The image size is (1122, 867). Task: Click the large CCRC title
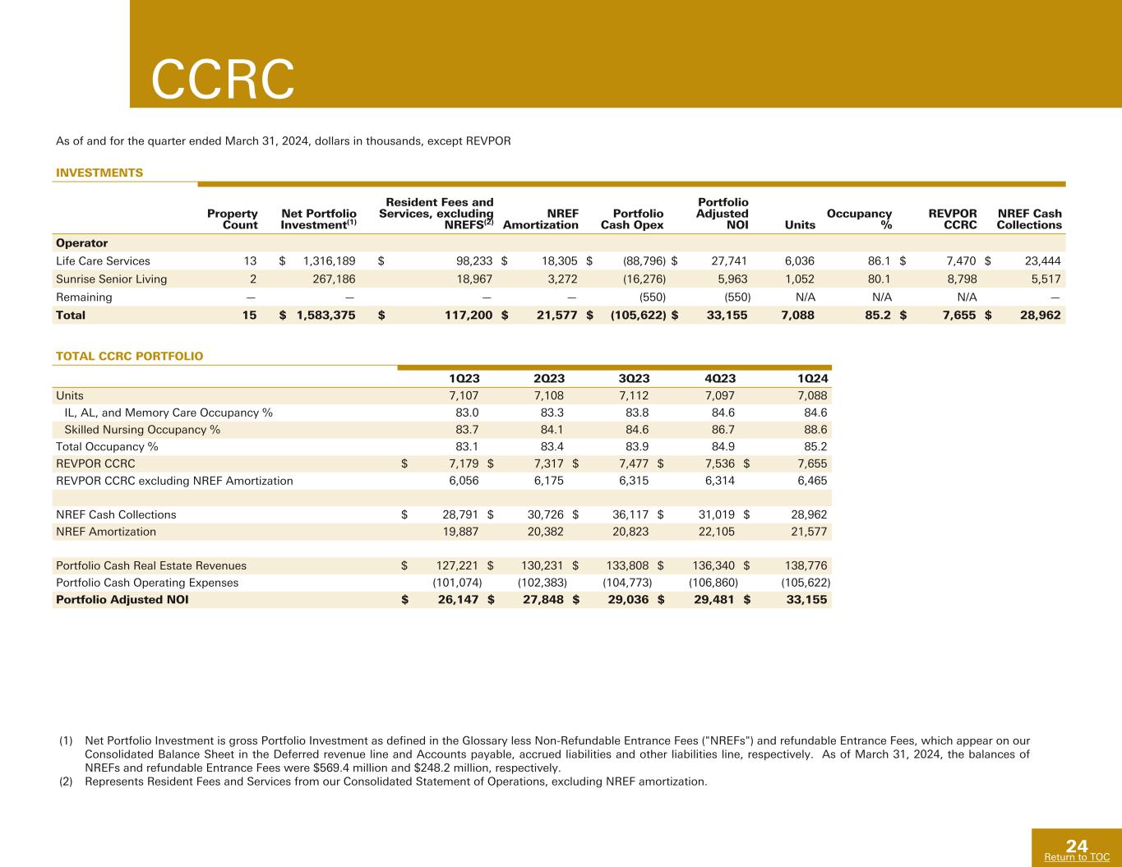[223, 79]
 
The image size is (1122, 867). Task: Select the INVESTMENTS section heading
[99, 173]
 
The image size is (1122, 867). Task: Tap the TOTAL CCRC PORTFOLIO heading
[130, 356]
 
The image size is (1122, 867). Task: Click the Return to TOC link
[1077, 857]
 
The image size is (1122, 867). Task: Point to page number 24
[1077, 846]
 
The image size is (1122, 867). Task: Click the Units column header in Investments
[800, 225]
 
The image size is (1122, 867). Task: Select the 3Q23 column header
[634, 378]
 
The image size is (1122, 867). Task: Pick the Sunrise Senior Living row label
[112, 279]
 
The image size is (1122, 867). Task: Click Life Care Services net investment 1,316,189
[330, 261]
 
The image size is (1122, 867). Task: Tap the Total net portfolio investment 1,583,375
[326, 316]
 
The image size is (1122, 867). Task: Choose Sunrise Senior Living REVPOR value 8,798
[962, 279]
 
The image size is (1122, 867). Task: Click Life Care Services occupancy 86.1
[880, 261]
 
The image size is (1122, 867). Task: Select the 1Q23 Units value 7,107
[464, 396]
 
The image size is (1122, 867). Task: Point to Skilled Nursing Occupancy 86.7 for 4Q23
[723, 430]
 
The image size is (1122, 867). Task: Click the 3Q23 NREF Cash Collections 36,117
[630, 514]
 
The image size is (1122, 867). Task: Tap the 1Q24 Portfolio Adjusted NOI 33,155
[806, 600]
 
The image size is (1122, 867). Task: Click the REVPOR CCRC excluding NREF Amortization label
[174, 481]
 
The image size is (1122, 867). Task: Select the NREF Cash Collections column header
[1029, 219]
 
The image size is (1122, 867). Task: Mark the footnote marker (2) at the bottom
[66, 782]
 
